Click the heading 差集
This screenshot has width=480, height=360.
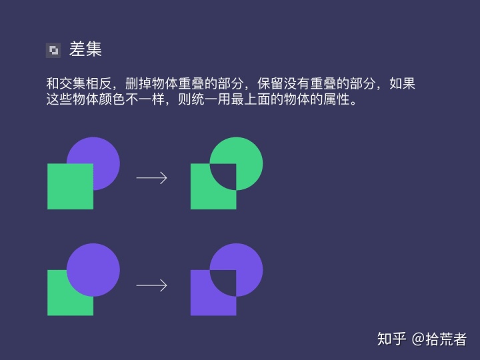(x=85, y=49)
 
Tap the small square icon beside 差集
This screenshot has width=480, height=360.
(x=53, y=50)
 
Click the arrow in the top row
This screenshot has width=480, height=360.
(x=151, y=177)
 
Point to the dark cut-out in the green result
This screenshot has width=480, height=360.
(x=225, y=175)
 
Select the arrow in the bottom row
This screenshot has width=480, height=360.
(x=151, y=285)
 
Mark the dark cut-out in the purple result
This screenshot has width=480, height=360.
(x=225, y=282)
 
